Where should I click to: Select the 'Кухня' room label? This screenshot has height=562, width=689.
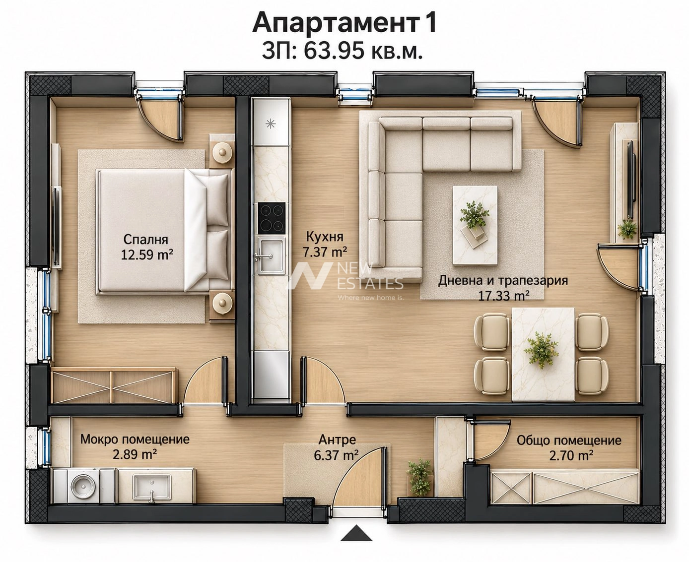pyautogui.click(x=325, y=237)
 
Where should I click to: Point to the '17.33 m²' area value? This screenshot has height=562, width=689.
pyautogui.click(x=504, y=296)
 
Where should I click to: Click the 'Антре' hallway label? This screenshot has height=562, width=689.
pyautogui.click(x=337, y=439)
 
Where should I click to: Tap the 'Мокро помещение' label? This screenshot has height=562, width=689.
pyautogui.click(x=135, y=439)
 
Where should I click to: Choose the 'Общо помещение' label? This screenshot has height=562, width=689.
pyautogui.click(x=569, y=440)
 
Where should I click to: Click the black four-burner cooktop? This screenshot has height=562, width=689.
pyautogui.click(x=271, y=218)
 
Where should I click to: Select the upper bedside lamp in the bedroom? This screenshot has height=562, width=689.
pyautogui.click(x=222, y=152)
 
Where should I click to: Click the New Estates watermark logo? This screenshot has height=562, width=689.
pyautogui.click(x=345, y=281)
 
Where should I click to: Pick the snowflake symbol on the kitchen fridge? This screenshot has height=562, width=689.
pyautogui.click(x=271, y=124)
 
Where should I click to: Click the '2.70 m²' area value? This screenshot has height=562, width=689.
pyautogui.click(x=571, y=455)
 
